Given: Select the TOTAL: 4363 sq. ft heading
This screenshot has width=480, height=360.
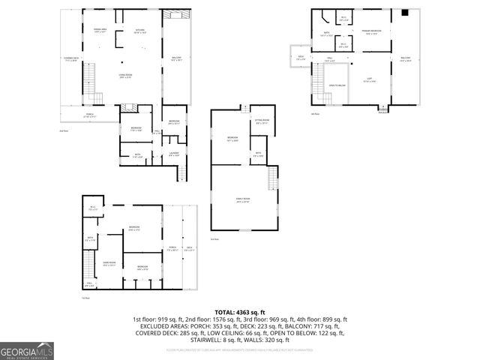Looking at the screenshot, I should (240, 311).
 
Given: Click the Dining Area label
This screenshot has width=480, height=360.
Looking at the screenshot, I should (100, 31).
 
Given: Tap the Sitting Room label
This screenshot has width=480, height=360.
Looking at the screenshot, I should (262, 121).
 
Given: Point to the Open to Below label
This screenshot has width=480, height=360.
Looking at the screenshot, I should (337, 85).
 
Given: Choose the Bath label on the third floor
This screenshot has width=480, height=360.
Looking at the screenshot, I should (258, 155).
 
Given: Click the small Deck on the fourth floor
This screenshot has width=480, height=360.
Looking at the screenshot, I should (301, 58).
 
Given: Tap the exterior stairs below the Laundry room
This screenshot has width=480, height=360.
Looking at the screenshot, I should (181, 172).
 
